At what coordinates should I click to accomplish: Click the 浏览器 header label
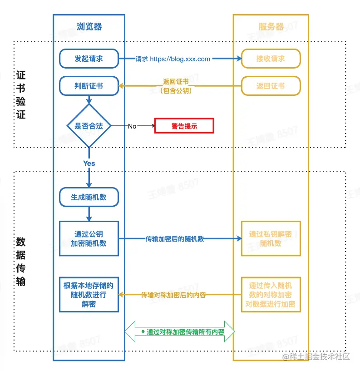89,26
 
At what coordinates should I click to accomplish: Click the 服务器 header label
271,26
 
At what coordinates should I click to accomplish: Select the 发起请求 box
89,59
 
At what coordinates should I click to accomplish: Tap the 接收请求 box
271,59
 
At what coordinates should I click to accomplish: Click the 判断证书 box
89,86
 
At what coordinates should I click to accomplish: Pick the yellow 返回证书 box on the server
271,86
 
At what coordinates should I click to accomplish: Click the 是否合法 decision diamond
89,126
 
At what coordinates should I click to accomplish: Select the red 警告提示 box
184,126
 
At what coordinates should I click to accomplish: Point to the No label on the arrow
132,126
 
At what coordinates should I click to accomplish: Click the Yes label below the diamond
89,163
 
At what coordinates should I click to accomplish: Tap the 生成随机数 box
89,198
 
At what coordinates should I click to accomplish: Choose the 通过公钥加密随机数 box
89,238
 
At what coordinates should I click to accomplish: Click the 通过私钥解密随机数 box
271,238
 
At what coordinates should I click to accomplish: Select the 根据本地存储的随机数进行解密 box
89,294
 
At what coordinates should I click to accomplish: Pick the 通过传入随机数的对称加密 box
271,294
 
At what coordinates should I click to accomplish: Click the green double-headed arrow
180,331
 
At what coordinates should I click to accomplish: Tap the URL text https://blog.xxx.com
180,59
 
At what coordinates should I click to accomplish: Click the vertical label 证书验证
21,94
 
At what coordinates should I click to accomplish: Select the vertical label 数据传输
21,261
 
